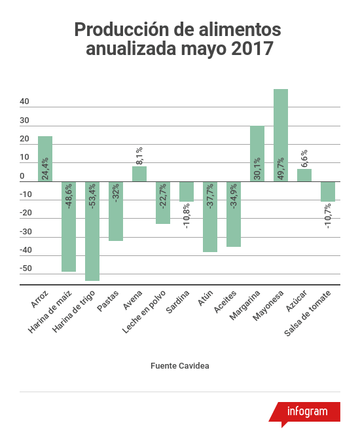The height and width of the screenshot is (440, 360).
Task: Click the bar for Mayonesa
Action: point(281,135)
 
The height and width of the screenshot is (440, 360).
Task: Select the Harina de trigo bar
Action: point(92,230)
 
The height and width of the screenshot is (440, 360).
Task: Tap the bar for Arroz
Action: point(45,158)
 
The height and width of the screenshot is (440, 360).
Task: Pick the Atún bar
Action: point(210,216)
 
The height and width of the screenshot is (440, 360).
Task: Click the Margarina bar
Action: point(257,153)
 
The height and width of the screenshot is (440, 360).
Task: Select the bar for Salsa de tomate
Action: point(328,191)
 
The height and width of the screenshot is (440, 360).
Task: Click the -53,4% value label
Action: point(92,195)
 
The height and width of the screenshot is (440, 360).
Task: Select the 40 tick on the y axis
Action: point(24,101)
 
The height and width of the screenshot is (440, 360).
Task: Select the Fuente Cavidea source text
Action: point(179,365)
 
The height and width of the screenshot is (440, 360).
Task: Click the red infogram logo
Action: point(307,412)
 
